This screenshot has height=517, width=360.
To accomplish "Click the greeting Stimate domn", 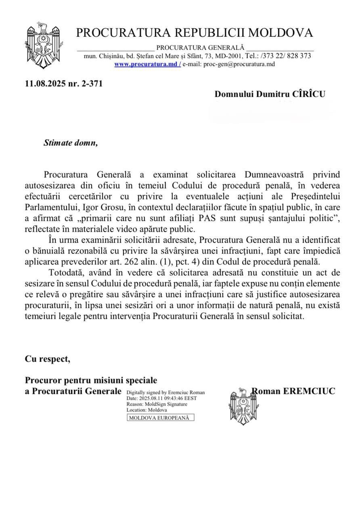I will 71,143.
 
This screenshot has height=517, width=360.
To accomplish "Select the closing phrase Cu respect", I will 47,359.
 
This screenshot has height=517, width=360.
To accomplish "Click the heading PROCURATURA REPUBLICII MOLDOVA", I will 194,32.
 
